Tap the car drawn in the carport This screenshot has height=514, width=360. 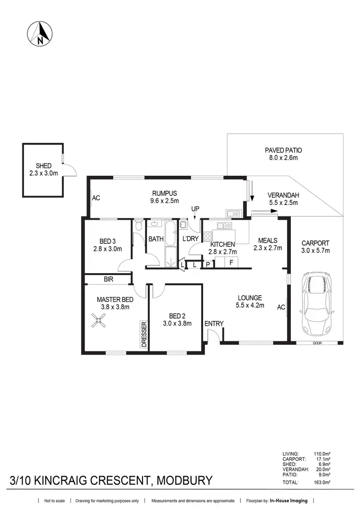tap(316, 304)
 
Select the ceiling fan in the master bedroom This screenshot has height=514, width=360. tap(100, 320)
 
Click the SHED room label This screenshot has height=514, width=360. tap(43, 166)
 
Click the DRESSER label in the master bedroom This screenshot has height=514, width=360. tap(144, 334)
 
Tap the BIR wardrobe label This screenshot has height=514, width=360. tap(108, 278)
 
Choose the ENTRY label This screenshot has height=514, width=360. tap(214, 323)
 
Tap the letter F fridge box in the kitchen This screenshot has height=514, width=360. tap(231, 263)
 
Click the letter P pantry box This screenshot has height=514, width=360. tap(208, 264)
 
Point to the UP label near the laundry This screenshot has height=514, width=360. tap(195, 209)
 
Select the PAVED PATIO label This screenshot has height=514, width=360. tap(283, 150)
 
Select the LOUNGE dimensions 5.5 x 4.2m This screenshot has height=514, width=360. tap(250, 305)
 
